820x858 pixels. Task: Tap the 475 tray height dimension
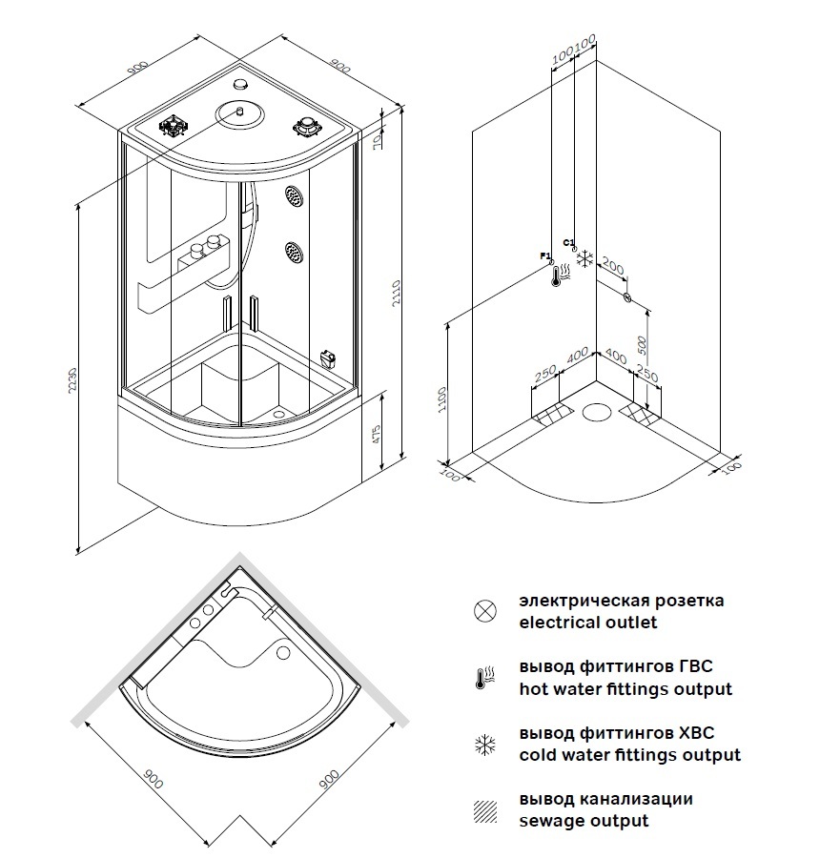[378, 436]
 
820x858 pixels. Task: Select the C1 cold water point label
[568, 242]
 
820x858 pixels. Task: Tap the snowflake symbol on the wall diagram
[585, 258]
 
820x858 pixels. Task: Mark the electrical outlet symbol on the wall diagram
[627, 297]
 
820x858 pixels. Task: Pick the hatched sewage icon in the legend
[485, 810]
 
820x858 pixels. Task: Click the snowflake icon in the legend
[485, 745]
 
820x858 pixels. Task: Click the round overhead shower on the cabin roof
[239, 114]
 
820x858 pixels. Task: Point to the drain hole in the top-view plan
[281, 653]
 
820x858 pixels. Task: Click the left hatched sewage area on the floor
[552, 414]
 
